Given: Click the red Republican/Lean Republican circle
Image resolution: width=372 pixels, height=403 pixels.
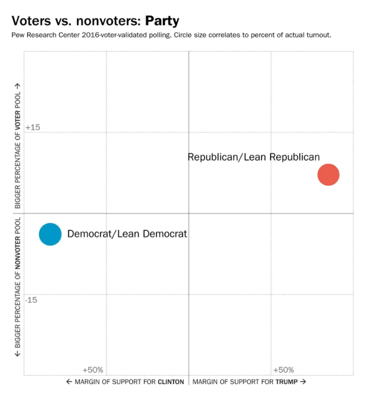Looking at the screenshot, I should [328, 175].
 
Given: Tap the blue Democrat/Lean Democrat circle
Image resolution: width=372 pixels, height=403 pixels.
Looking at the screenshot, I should [50, 234].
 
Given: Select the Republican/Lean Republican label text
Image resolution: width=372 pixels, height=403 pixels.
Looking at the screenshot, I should [254, 157].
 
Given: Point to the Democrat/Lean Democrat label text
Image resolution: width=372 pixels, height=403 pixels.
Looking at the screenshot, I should [127, 234].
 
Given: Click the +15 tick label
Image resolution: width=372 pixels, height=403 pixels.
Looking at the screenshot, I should [33, 127].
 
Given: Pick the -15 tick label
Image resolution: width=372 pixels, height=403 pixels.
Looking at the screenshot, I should [31, 300].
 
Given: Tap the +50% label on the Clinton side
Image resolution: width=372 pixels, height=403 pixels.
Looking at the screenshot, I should [93, 370].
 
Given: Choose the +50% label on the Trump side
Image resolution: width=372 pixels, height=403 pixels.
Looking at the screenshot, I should [283, 370].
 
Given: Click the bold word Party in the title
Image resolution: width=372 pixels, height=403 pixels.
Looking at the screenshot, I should [162, 21].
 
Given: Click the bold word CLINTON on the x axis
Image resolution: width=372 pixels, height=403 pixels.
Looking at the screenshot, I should [171, 382].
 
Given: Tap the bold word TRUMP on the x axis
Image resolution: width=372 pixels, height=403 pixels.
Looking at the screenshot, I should [287, 382].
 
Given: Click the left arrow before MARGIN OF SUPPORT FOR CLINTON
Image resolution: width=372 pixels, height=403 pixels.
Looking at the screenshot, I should [69, 382].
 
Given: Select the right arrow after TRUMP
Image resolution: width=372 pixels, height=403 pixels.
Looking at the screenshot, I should [303, 382].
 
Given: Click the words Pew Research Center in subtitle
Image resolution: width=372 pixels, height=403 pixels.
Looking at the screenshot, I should [40, 35].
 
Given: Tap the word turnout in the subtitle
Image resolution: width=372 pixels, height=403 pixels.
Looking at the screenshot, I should [320, 35].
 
